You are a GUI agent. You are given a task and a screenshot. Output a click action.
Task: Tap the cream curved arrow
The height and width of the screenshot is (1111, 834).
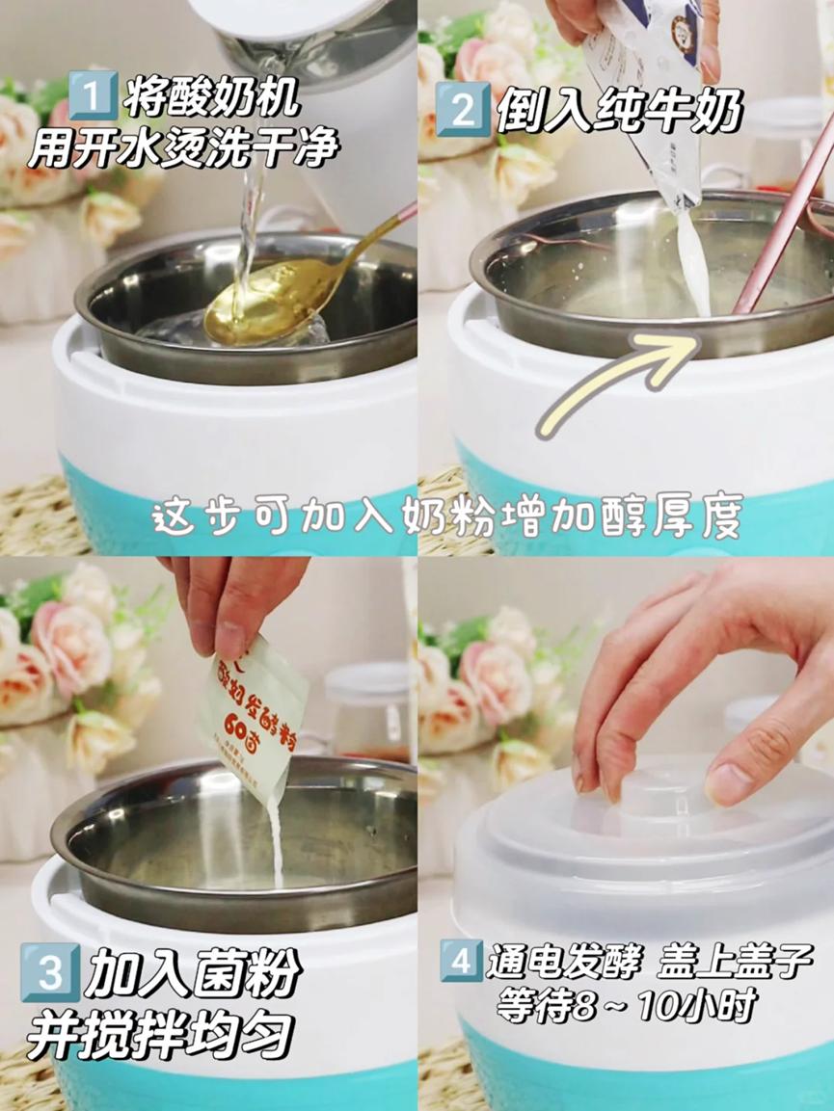pyautogui.click(x=617, y=376)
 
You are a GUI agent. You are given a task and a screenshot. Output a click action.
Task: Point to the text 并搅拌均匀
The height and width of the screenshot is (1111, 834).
pyautogui.click(x=159, y=1037)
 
